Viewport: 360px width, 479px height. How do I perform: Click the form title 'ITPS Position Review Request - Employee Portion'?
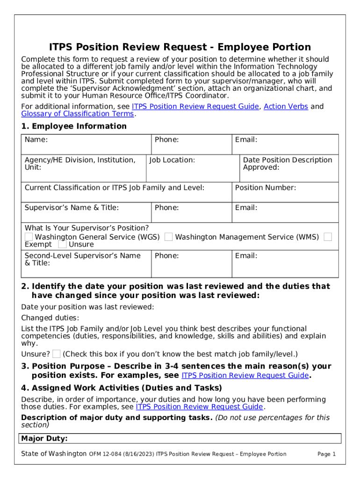[180, 47]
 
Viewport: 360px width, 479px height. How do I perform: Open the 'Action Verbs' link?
[286, 107]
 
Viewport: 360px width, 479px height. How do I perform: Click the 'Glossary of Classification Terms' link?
[78, 114]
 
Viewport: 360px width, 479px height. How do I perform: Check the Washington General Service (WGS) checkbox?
[29, 237]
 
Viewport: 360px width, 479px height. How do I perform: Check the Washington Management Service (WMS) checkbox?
[169, 237]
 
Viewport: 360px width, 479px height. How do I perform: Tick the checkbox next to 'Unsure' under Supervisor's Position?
[62, 244]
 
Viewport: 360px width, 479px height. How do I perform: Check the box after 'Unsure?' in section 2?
[57, 354]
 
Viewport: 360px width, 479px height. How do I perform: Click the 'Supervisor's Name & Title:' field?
[86, 213]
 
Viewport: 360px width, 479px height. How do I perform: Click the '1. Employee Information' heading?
[74, 126]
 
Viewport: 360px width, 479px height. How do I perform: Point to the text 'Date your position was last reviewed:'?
[87, 307]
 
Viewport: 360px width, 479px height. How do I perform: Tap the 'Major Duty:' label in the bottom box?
[44, 439]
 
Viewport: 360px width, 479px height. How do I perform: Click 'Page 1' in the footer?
[326, 454]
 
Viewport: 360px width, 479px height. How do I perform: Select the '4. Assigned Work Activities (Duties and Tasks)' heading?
[122, 388]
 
